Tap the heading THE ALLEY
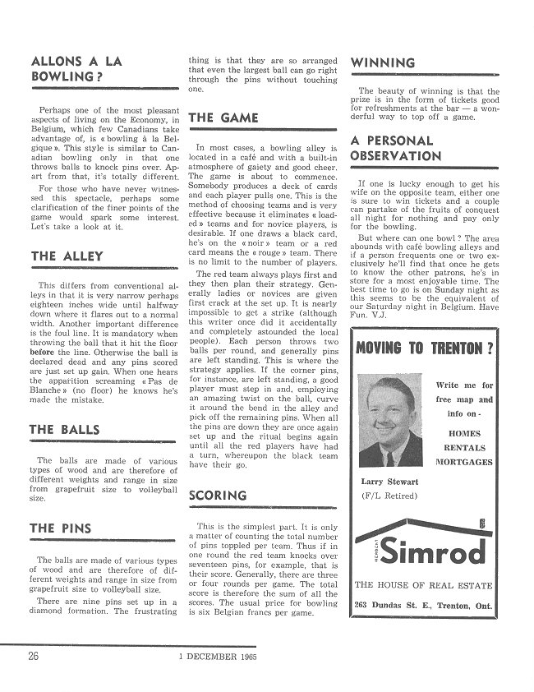coord(67,257)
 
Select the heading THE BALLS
coord(66,430)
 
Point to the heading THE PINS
coord(62,528)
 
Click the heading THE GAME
coord(223,118)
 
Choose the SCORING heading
coord(218,495)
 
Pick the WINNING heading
coord(383,62)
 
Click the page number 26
coord(34,656)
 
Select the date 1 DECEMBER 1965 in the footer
coord(213,657)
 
